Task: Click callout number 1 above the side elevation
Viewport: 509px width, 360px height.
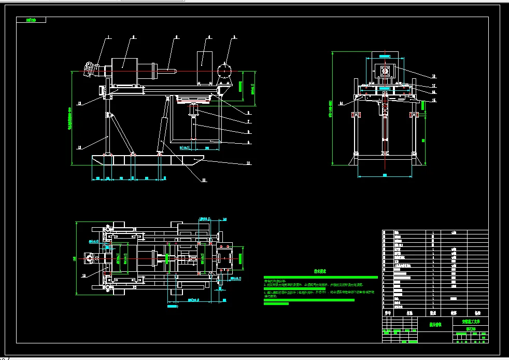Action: (109, 37)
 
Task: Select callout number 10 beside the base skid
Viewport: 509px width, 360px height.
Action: (248, 163)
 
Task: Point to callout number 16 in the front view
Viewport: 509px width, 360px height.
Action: (434, 76)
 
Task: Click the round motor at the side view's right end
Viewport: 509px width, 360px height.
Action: (225, 71)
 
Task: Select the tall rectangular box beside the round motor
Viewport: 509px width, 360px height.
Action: (206, 67)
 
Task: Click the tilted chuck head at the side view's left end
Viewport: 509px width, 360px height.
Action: (92, 69)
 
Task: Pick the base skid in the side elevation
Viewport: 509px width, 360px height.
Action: (145, 160)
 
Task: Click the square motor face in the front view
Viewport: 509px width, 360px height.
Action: (385, 72)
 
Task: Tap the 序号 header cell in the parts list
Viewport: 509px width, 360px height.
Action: (387, 313)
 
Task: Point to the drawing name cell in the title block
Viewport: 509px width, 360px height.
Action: (435, 325)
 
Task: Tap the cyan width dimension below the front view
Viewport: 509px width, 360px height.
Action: (385, 175)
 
